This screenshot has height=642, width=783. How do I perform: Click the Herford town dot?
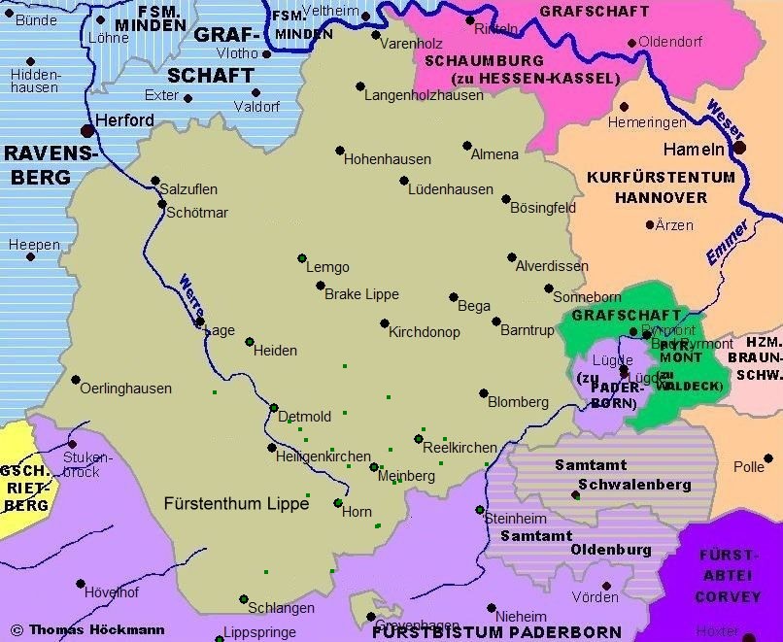point(87,129)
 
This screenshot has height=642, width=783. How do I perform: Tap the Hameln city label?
point(694,150)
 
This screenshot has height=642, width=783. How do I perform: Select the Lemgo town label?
point(327,268)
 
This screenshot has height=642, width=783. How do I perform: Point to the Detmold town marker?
point(274,408)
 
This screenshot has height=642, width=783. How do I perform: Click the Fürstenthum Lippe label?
point(236,504)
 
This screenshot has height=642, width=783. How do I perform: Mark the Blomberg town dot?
point(483,393)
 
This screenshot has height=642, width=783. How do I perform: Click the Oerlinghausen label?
point(125,389)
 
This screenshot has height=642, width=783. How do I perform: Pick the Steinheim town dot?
point(478,510)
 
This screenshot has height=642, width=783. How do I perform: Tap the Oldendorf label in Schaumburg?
point(671,43)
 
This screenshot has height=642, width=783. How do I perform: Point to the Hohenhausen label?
point(389,157)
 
